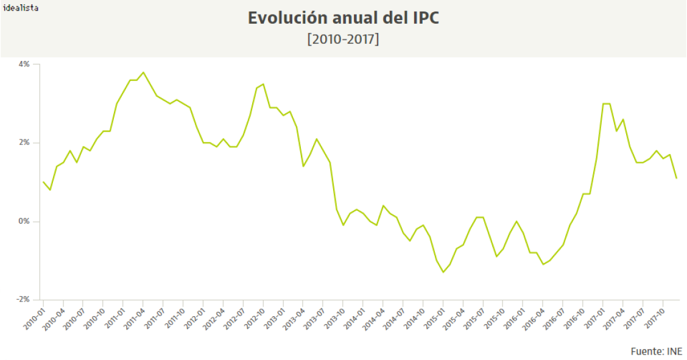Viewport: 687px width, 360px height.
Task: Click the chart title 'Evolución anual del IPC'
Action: point(343,18)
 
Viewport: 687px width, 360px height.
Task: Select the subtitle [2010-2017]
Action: point(343,39)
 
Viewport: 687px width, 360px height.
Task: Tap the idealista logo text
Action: point(21,8)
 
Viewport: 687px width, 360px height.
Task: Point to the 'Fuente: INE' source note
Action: point(657,351)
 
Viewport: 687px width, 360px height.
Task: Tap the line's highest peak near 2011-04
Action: point(143,72)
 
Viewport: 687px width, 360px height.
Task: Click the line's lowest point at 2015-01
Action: point(443,272)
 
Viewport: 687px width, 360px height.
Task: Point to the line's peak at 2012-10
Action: point(263,84)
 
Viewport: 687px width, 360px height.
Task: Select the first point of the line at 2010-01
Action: point(43,182)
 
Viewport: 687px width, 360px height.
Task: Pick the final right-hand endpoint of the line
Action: point(677,178)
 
